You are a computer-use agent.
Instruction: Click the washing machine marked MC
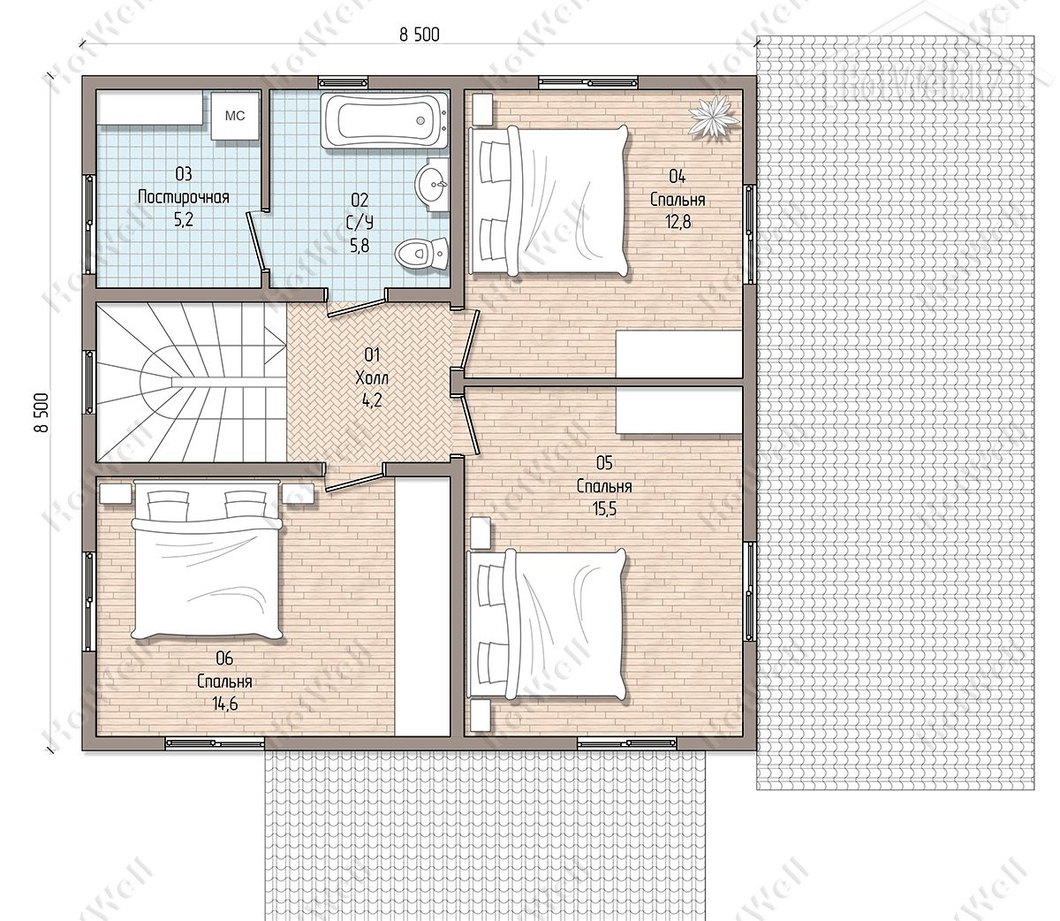coord(235,116)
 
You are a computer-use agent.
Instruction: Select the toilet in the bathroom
coord(421,254)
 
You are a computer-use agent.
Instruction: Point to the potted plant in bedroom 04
coord(713,117)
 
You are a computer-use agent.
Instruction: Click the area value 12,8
coord(678,222)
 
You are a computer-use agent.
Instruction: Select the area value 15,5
coord(604,509)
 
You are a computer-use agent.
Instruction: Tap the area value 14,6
coord(224,704)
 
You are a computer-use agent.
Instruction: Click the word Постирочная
coord(184,197)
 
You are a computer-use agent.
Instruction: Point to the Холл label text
coord(372,377)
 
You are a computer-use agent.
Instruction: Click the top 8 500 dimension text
coord(419,34)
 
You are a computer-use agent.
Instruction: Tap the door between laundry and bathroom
coord(256,241)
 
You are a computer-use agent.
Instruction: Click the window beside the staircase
coord(89,382)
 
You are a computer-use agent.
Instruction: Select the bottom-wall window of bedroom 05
coord(626,743)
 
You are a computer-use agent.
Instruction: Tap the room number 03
coord(184,174)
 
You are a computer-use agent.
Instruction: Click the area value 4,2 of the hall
coord(372,400)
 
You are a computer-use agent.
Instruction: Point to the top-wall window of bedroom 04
coord(588,82)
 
